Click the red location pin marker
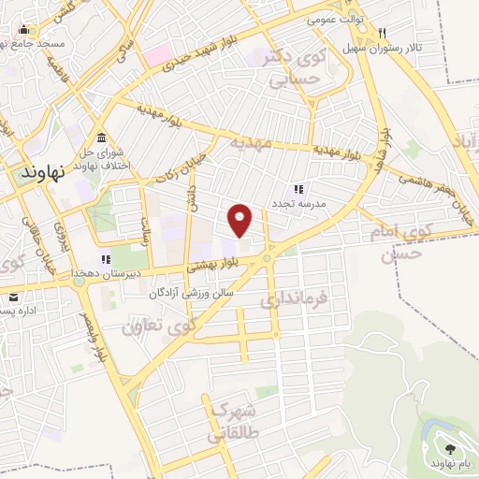point(240,220)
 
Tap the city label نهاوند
point(41,174)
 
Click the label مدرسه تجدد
point(298,203)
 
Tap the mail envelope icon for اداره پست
point(12,298)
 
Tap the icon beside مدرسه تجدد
point(298,189)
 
